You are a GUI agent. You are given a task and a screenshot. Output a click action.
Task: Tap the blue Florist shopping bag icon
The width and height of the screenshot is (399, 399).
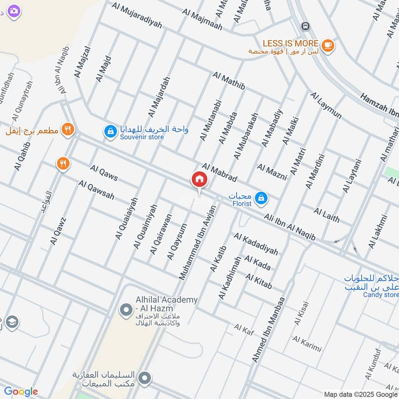[260, 199]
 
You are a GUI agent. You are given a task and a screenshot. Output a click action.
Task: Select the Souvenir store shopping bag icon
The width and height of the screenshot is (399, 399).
[109, 132]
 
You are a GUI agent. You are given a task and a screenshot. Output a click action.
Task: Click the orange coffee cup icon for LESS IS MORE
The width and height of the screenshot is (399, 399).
[328, 45]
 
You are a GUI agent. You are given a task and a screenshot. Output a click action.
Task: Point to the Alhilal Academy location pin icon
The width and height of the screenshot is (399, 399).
[126, 310]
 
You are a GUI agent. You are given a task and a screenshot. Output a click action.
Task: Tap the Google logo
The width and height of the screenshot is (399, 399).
[21, 392]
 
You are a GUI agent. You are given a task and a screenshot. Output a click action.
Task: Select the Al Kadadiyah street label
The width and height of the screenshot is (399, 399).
[255, 244]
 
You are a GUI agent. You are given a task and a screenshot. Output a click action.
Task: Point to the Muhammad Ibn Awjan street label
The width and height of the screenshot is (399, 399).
[198, 242]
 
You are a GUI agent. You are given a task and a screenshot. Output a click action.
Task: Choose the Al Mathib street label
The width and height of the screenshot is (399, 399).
[228, 81]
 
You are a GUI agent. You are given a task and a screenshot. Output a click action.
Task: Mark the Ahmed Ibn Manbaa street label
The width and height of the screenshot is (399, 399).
[268, 330]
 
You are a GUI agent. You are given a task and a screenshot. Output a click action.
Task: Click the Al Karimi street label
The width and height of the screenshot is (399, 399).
[307, 344]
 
